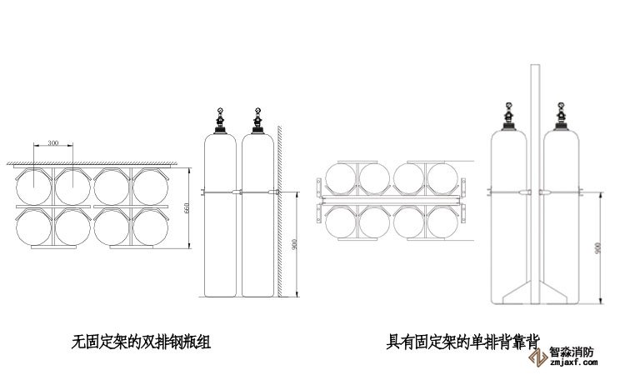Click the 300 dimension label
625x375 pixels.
coord(53,143)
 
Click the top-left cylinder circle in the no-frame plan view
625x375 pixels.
coord(34,185)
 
